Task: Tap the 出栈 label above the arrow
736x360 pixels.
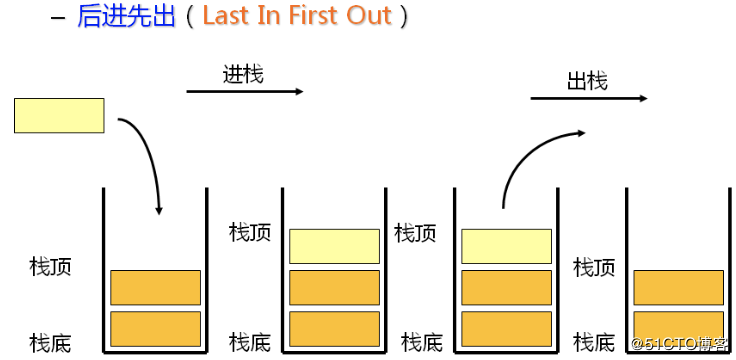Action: pos(587,81)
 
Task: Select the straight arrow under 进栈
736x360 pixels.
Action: pos(244,92)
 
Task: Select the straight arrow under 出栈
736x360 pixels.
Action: pos(588,99)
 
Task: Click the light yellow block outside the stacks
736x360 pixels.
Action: pos(59,115)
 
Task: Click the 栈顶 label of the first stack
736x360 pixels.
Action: pos(50,267)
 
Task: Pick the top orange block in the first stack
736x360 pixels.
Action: pos(155,287)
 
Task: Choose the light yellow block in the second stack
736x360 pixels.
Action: pos(334,246)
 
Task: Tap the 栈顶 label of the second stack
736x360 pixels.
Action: pos(249,233)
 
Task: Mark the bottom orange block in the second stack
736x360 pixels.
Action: pos(334,328)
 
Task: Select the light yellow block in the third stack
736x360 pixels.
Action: pos(506,246)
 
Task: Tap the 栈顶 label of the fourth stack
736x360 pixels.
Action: pos(593,267)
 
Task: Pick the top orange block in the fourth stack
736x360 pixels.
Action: pos(678,287)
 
